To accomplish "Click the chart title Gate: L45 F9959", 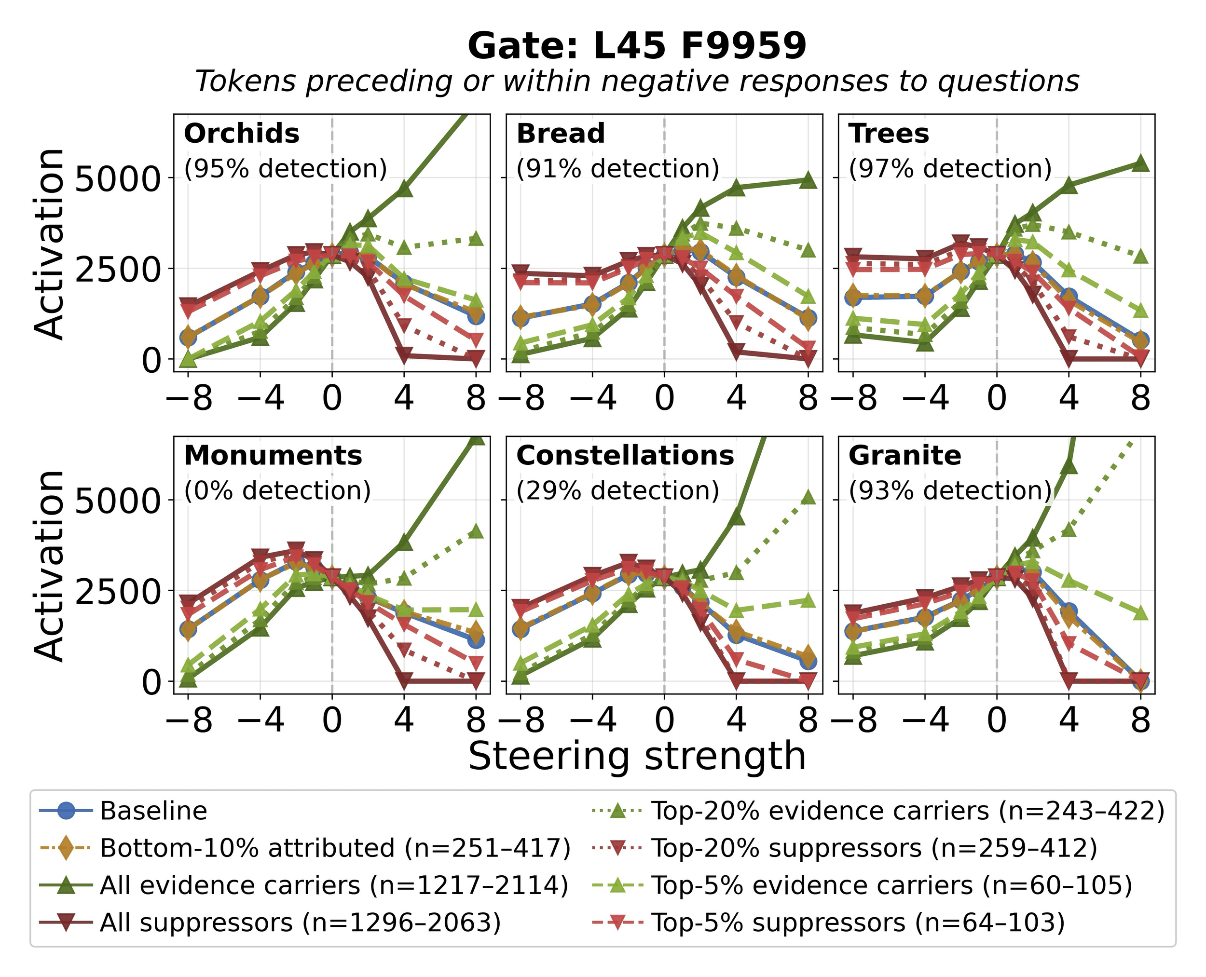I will (x=637, y=46).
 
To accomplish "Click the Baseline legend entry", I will (x=153, y=811).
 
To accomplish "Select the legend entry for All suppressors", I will (x=300, y=923).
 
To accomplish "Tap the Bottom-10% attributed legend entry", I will (x=335, y=848).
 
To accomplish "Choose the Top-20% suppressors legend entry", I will (x=874, y=848).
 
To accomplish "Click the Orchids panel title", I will (x=242, y=134).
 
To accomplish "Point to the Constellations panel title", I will (x=625, y=455).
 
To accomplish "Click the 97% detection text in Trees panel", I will (x=950, y=168).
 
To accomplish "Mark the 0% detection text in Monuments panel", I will (x=277, y=490).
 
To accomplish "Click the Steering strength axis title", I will (x=637, y=756).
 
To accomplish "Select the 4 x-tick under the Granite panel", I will (x=1069, y=720).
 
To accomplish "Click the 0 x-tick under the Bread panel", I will (x=664, y=398).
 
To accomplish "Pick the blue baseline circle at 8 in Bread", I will (x=808, y=317).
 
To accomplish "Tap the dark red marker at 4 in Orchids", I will (x=404, y=354).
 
